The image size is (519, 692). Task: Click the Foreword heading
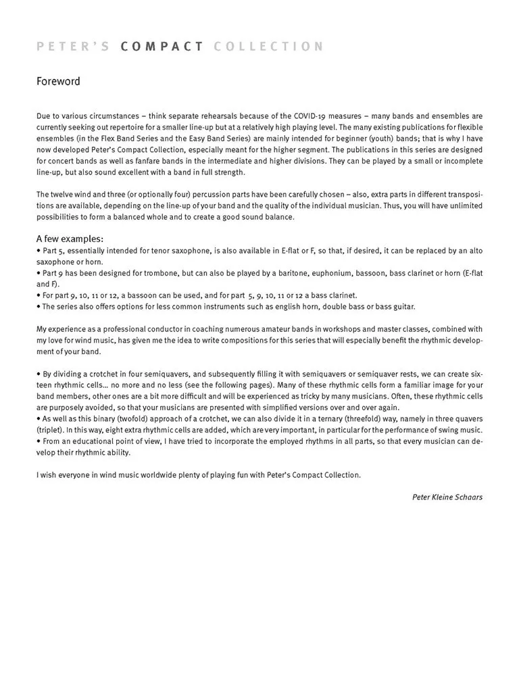[58, 82]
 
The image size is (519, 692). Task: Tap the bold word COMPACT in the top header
[162, 47]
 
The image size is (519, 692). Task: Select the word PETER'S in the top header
[74, 47]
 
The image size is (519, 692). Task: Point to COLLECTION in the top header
[268, 47]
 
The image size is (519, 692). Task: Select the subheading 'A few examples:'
[70, 239]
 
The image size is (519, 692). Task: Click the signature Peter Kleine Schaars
[447, 497]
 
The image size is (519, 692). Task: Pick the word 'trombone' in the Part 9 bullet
[162, 273]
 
